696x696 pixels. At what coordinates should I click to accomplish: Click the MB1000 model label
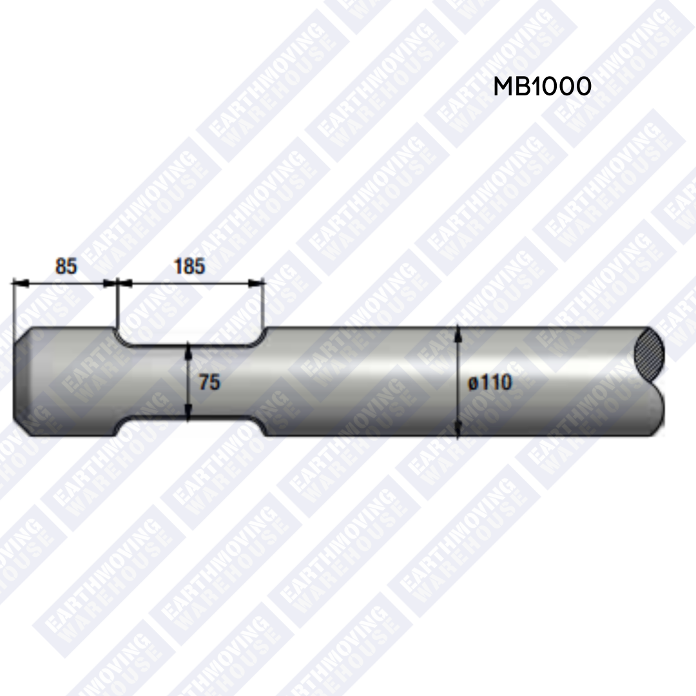[542, 86]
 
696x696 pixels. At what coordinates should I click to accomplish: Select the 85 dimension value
[66, 266]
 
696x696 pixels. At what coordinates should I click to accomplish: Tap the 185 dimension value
[189, 266]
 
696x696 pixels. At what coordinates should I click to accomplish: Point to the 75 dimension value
[209, 382]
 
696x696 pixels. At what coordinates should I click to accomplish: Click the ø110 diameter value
[490, 382]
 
